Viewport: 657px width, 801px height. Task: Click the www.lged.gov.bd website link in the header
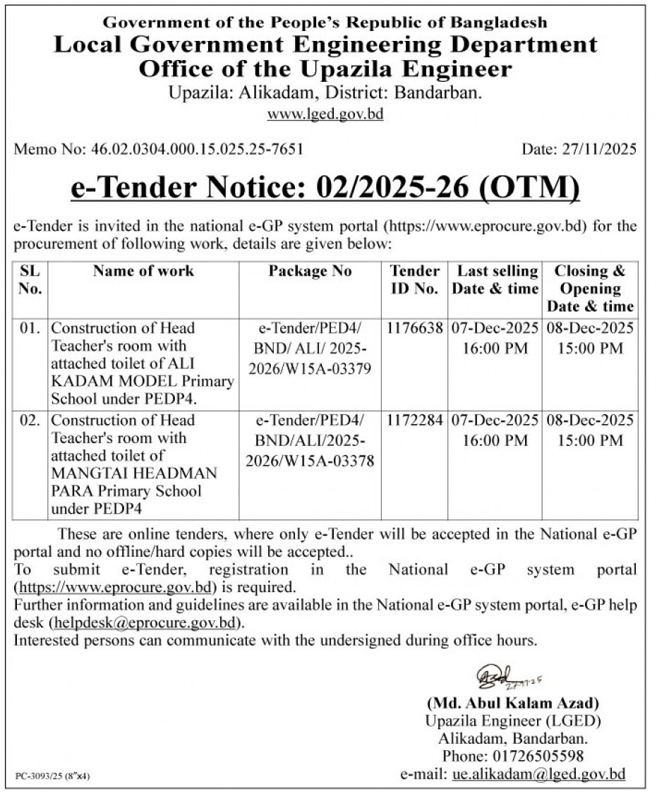325,114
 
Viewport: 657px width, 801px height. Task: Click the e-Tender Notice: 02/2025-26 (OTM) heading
325,188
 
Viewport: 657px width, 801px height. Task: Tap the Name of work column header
143,271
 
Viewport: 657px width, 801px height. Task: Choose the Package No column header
310,271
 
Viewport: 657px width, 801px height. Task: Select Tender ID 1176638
415,328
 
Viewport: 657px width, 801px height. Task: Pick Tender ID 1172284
415,420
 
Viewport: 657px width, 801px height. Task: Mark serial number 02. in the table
30,420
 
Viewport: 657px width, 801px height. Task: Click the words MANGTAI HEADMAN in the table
134,473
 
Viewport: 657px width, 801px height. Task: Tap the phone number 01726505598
543,757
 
